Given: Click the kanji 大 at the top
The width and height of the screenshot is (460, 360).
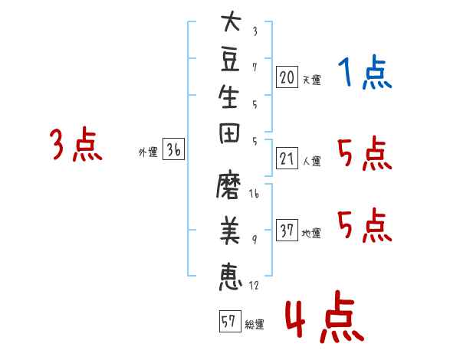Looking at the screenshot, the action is pos(232,21).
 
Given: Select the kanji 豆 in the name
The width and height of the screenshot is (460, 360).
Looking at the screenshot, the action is pos(230,60).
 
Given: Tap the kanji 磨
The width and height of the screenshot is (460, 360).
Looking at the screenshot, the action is pos(228,185).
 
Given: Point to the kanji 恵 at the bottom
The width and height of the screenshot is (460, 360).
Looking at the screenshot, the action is pos(231,277).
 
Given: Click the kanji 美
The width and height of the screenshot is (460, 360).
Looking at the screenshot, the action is pos(230,231).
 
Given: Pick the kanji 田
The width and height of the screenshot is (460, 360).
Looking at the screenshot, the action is pos(229,133).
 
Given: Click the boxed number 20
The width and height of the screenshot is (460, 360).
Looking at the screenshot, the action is pos(287,77).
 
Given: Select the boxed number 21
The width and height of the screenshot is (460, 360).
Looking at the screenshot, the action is pos(287,159).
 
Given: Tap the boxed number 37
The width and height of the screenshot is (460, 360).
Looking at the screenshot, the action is pos(287,230).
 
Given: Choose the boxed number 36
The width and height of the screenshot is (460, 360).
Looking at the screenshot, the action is pos(173,149).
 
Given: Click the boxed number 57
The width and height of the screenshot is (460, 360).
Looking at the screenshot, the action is pos(230,321).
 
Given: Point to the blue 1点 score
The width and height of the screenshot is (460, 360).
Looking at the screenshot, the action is pos(365,71).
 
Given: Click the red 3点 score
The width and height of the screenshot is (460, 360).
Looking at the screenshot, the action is pos(76,144).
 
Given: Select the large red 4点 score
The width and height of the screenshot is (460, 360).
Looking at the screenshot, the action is pos(325,316).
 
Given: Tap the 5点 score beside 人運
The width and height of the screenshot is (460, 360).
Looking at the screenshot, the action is pos(365,153).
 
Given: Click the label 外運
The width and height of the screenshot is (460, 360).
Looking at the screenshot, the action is pos(148,152).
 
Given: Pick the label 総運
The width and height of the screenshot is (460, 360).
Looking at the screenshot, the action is pos(255,325).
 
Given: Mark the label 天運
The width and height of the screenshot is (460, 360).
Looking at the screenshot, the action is pos(311,80).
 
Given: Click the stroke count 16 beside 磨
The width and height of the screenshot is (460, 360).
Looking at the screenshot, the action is pos(254,194).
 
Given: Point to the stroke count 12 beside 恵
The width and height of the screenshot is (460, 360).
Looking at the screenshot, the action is pos(254,285).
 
